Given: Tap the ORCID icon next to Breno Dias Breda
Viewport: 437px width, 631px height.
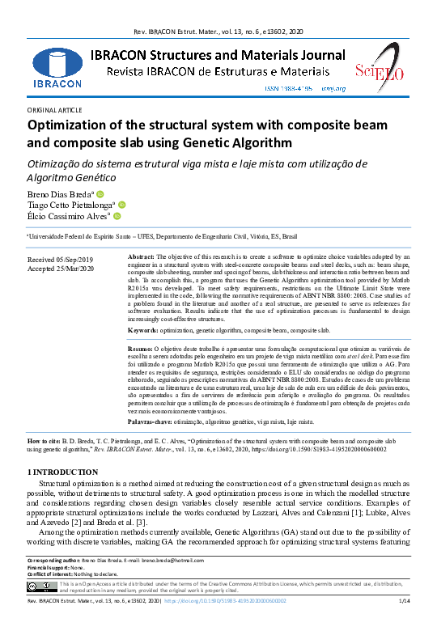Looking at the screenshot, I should [100, 194].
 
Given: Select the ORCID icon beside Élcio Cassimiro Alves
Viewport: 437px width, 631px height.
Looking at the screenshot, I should [117, 217].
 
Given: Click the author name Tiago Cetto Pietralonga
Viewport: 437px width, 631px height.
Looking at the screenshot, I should [72, 205].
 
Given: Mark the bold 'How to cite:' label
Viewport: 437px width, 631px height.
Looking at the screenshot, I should [47, 443].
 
